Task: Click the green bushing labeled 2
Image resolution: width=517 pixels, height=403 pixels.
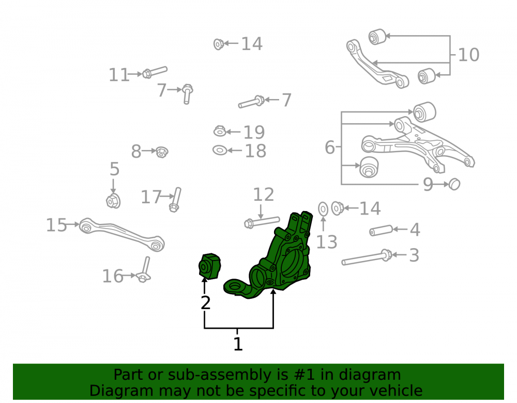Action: pyautogui.click(x=209, y=266)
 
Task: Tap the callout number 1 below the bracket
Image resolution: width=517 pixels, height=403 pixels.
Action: pyautogui.click(x=238, y=344)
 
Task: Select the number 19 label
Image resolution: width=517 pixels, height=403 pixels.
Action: pyautogui.click(x=254, y=132)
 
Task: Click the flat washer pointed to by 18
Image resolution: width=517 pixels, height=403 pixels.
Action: pyautogui.click(x=220, y=150)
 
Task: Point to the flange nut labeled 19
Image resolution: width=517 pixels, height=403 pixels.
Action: pyautogui.click(x=220, y=131)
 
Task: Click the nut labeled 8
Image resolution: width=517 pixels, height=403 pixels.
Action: pyautogui.click(x=161, y=152)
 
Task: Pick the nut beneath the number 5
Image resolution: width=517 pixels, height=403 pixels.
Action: pyautogui.click(x=113, y=201)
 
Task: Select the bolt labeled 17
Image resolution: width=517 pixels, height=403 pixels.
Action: pyautogui.click(x=175, y=199)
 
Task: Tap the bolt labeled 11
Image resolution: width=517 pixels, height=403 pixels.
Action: pyautogui.click(x=155, y=72)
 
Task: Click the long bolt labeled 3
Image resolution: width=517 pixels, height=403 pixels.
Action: pyautogui.click(x=367, y=257)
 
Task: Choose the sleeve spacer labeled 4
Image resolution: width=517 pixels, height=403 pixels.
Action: pyautogui.click(x=381, y=230)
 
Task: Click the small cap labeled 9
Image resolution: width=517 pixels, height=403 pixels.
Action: pyautogui.click(x=454, y=184)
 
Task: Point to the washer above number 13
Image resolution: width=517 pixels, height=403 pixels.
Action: pyautogui.click(x=323, y=209)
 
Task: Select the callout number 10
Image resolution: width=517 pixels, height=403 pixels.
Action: pyautogui.click(x=468, y=55)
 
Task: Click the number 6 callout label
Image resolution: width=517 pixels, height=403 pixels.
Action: pyautogui.click(x=330, y=147)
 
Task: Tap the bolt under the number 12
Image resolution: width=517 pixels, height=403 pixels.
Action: pyautogui.click(x=262, y=222)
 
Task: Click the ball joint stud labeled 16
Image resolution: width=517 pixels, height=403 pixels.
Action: pyautogui.click(x=144, y=270)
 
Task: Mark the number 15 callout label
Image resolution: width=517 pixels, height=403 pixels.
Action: pyautogui.click(x=56, y=225)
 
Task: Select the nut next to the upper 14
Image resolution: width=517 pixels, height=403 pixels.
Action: pyautogui.click(x=218, y=44)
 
